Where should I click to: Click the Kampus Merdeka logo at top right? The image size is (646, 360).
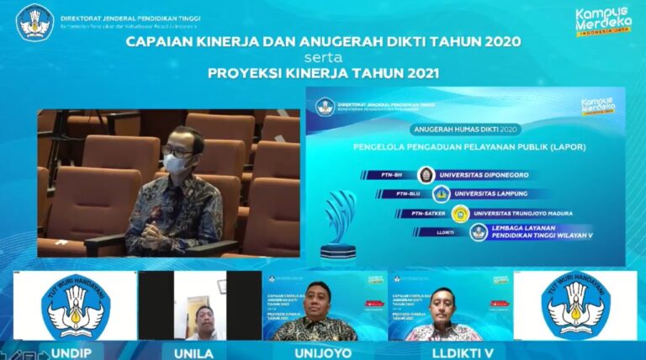[602, 23]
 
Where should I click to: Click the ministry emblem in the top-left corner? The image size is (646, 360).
[34, 22]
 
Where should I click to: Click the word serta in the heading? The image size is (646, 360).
[323, 57]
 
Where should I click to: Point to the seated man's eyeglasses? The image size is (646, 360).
[178, 151]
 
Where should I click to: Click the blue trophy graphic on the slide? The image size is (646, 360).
[340, 220]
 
